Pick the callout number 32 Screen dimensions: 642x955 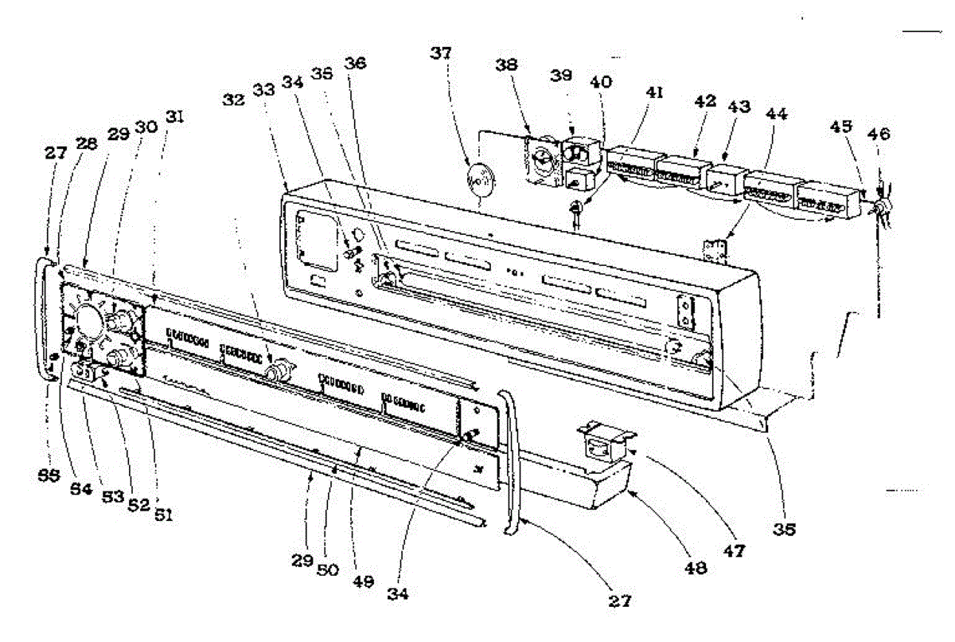234,101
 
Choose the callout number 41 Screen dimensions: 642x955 654,92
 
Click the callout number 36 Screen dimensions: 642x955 356,63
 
